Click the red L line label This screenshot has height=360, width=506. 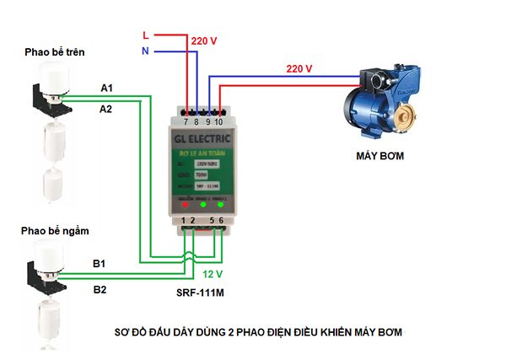tap(146, 35)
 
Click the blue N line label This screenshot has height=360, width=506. tap(146, 52)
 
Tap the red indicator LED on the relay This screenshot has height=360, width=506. tap(186, 204)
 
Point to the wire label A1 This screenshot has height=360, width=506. tap(107, 88)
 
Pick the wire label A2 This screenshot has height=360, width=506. tap(107, 109)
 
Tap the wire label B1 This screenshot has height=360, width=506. tap(100, 263)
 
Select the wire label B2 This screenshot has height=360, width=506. tap(100, 289)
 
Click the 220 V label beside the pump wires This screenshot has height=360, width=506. tap(299, 67)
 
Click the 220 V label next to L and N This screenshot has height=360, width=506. tap(204, 40)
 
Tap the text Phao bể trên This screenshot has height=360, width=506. tap(55, 52)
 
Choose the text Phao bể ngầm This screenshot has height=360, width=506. tap(56, 230)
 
